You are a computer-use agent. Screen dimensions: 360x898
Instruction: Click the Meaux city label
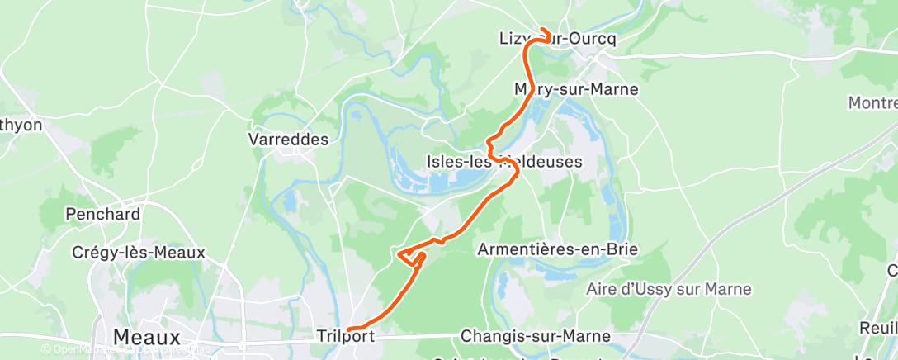click(x=146, y=337)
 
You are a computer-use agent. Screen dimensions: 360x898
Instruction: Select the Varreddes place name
click(x=288, y=140)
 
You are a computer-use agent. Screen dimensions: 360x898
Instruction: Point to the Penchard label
click(x=102, y=214)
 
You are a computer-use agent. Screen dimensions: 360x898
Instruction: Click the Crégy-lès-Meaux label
click(x=138, y=253)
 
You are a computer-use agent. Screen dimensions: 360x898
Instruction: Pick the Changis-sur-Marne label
click(x=535, y=336)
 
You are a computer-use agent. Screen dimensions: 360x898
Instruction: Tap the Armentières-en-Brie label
click(x=559, y=249)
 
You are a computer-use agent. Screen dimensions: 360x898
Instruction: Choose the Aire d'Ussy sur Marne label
click(x=669, y=289)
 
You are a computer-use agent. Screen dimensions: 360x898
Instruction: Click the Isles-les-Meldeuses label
click(x=504, y=162)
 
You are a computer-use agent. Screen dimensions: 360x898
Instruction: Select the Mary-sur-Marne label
click(x=576, y=89)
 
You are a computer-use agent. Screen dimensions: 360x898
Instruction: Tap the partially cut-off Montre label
click(x=872, y=103)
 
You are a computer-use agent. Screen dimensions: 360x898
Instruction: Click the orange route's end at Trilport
click(x=348, y=329)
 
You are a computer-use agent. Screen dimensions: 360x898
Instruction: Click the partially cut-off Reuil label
click(x=878, y=328)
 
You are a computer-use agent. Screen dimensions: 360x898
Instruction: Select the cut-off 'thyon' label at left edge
click(x=21, y=126)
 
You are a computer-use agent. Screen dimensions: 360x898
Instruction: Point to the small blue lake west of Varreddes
click(x=289, y=201)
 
